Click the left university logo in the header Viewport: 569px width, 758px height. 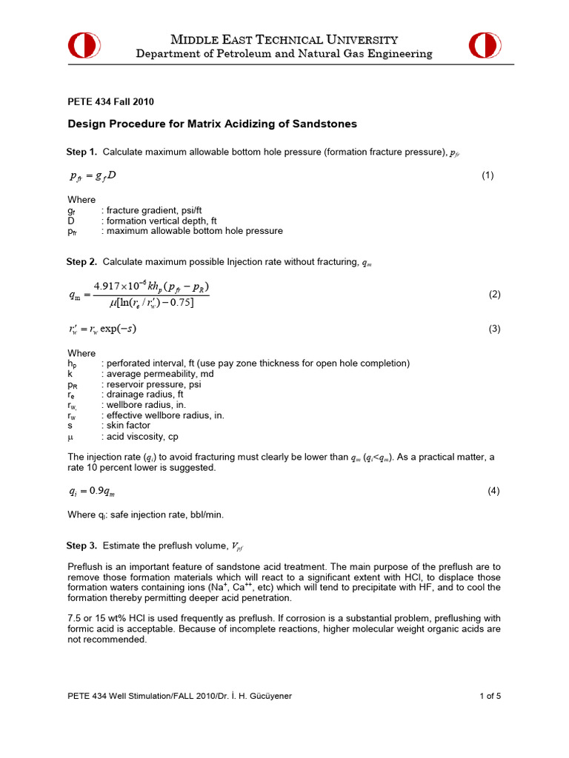pos(84,46)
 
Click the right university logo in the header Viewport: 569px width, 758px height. pos(485,46)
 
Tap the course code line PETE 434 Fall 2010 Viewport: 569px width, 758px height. pos(111,101)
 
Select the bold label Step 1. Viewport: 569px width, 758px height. pos(81,152)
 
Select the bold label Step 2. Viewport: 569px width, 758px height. pos(81,262)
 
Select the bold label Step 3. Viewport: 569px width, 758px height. pos(81,546)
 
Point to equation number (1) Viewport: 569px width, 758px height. pos(488,175)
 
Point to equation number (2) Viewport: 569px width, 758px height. pos(495,295)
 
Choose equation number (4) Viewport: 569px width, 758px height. pos(495,491)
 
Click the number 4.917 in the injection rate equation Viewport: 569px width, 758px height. pos(110,286)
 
